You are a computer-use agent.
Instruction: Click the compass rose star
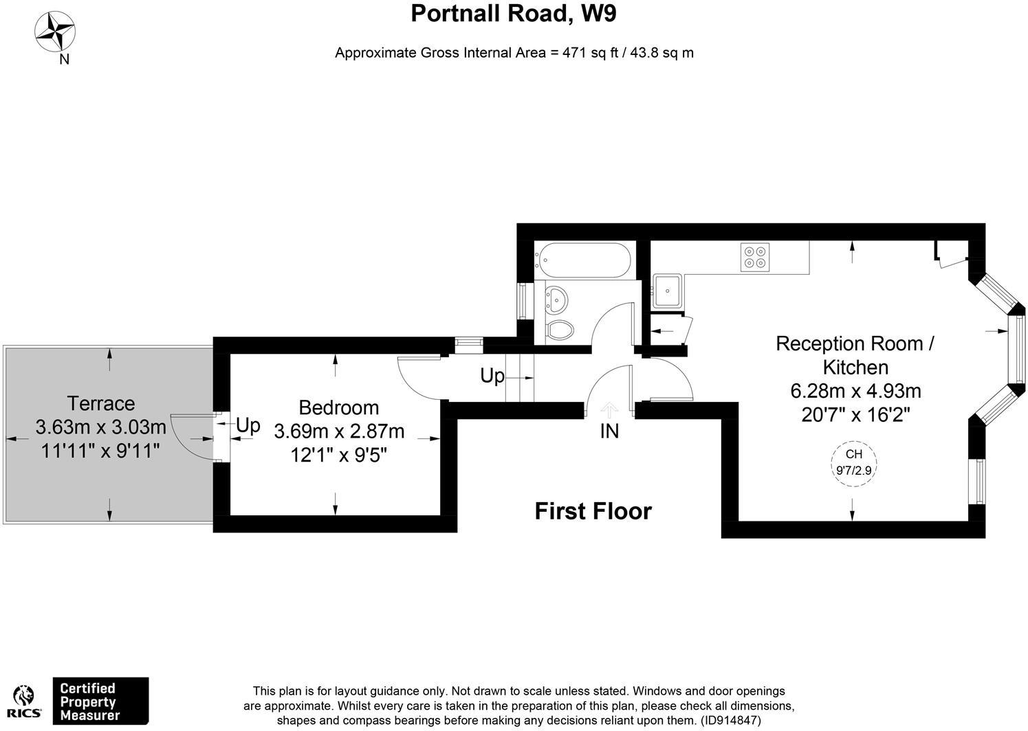coord(55,32)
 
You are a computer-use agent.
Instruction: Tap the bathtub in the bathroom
coord(584,260)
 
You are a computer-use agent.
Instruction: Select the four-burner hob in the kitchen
coord(755,257)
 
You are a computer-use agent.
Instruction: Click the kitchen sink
coord(667,291)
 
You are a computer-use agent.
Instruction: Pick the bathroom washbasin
coord(557,300)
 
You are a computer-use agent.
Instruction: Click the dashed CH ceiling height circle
coord(853,463)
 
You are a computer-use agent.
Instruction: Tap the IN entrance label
coord(609,431)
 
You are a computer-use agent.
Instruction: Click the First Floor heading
coord(593,511)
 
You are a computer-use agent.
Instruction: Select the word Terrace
coord(101,403)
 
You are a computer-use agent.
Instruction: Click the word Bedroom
coord(339,407)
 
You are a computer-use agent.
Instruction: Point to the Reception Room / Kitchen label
coord(855,355)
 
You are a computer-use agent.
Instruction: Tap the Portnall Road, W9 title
coord(514,13)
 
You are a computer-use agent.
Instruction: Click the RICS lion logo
coord(24,701)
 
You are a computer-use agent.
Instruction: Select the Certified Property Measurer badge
coord(100,701)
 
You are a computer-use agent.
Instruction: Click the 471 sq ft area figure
coord(591,53)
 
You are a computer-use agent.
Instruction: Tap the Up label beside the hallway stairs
coord(492,376)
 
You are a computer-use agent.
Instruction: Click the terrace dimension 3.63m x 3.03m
coord(101,427)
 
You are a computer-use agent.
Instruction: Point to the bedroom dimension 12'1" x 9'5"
coord(339,455)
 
